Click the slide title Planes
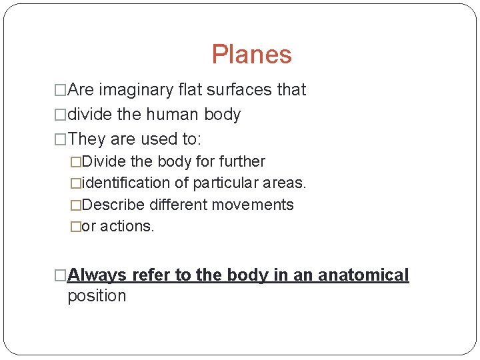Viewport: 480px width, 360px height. click(x=251, y=55)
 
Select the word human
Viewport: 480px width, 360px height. click(x=173, y=115)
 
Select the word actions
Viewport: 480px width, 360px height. click(x=127, y=227)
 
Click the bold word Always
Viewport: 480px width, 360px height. click(x=97, y=275)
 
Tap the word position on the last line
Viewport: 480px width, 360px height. click(x=97, y=296)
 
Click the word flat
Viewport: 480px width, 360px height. click(x=187, y=90)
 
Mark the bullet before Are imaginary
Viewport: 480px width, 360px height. click(x=61, y=90)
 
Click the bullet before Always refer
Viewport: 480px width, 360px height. click(x=61, y=275)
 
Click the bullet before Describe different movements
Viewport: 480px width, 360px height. click(x=75, y=205)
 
